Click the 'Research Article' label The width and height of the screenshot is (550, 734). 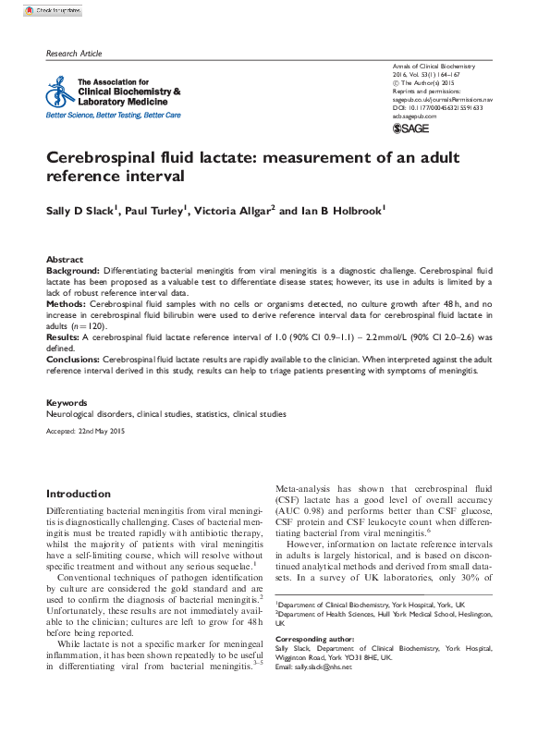pyautogui.click(x=74, y=55)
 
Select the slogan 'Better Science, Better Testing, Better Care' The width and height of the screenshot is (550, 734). pyautogui.click(x=114, y=116)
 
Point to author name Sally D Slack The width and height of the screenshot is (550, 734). pyautogui.click(x=82, y=212)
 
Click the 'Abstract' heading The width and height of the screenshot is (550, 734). pyautogui.click(x=65, y=260)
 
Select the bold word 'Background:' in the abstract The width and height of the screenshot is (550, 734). pyautogui.click(x=73, y=271)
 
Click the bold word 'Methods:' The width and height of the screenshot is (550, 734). pyautogui.click(x=67, y=303)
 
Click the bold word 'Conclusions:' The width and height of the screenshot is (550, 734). pyautogui.click(x=73, y=358)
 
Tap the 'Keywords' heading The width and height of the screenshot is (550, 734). pyautogui.click(x=67, y=403)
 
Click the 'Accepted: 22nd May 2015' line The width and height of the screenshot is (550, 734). pyautogui.click(x=85, y=432)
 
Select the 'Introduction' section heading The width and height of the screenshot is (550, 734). pyautogui.click(x=79, y=494)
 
